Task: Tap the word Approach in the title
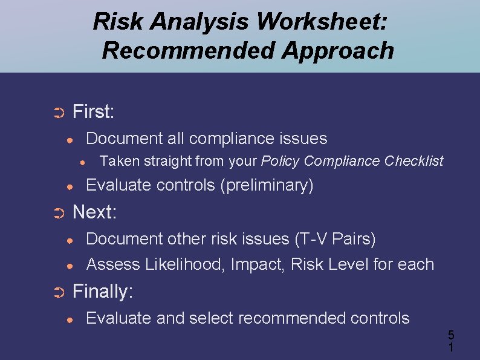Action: point(338,50)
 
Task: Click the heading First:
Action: point(94,111)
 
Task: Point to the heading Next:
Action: point(94,212)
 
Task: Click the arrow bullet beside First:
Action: point(59,113)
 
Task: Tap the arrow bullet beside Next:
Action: point(59,214)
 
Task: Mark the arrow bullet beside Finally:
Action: point(59,293)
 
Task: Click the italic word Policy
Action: point(281,161)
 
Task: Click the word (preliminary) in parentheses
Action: point(267,185)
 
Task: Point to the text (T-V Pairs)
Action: point(335,239)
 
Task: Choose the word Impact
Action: point(251,264)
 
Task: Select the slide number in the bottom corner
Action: point(450,341)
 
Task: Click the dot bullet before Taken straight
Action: point(83,162)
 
